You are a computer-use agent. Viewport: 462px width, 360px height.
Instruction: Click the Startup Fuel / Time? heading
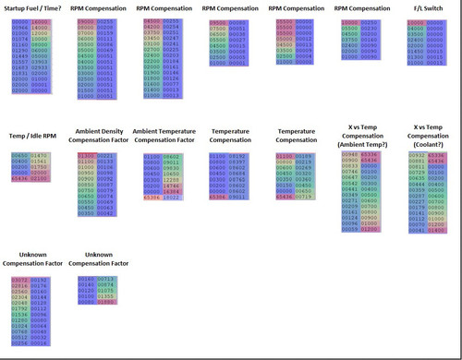(x=33, y=7)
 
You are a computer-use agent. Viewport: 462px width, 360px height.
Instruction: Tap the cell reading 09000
(x=86, y=19)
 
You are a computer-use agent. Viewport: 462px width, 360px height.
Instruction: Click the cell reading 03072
(x=20, y=278)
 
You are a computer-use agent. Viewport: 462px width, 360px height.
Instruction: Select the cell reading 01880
(x=109, y=301)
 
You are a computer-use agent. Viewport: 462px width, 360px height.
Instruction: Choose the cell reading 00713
(x=109, y=278)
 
